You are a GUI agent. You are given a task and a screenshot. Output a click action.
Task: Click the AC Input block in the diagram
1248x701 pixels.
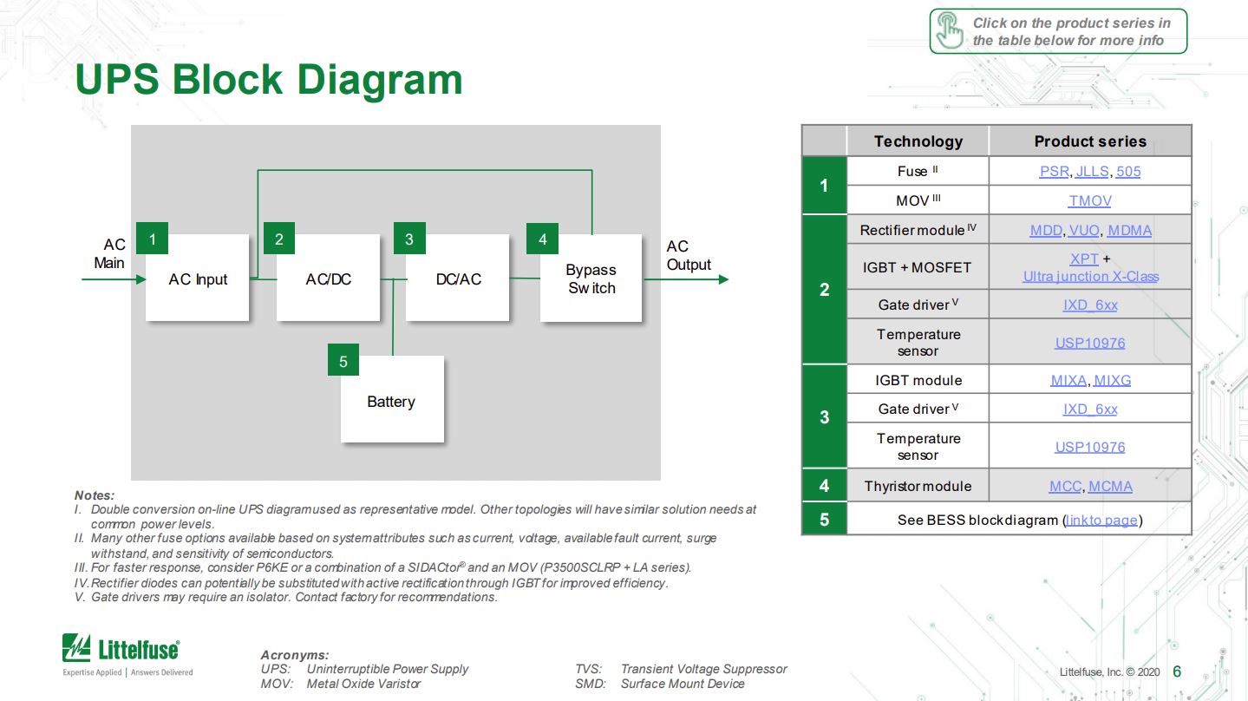tap(198, 278)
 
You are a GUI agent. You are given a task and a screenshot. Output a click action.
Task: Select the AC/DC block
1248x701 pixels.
tap(328, 278)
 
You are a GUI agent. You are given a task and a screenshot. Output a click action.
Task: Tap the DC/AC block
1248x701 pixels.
tap(458, 278)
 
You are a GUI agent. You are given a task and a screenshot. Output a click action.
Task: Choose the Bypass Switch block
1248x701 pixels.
tap(591, 278)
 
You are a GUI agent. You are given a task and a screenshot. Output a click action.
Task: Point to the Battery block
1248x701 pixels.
tap(391, 401)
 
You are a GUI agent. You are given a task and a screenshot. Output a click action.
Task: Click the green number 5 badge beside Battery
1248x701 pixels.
tap(343, 361)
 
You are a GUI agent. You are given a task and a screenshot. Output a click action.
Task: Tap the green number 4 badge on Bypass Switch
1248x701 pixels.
tap(542, 239)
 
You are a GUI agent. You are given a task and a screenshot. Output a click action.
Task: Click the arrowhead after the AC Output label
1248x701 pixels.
tap(722, 279)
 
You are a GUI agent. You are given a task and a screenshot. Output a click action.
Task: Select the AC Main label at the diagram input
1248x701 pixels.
tap(110, 254)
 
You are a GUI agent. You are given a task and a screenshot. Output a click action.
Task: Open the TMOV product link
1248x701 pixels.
tap(1089, 200)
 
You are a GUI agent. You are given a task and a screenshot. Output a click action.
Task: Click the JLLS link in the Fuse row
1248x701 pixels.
tap(1092, 171)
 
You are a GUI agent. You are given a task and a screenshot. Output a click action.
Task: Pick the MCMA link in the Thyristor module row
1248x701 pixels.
tap(1110, 486)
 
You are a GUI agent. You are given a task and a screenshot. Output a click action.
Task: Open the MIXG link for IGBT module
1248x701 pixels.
tap(1112, 380)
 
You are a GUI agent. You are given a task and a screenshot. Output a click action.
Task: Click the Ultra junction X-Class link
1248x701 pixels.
tap(1090, 276)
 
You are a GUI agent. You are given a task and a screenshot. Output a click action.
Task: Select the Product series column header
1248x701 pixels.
tap(1089, 141)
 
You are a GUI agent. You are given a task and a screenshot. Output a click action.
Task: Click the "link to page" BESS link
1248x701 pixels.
tap(1101, 520)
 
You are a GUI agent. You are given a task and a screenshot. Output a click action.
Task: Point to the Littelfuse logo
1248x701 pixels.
tap(121, 650)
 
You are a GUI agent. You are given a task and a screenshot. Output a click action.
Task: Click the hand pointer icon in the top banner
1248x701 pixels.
tap(950, 31)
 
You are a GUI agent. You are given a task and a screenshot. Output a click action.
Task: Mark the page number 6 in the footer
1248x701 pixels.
tap(1177, 671)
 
